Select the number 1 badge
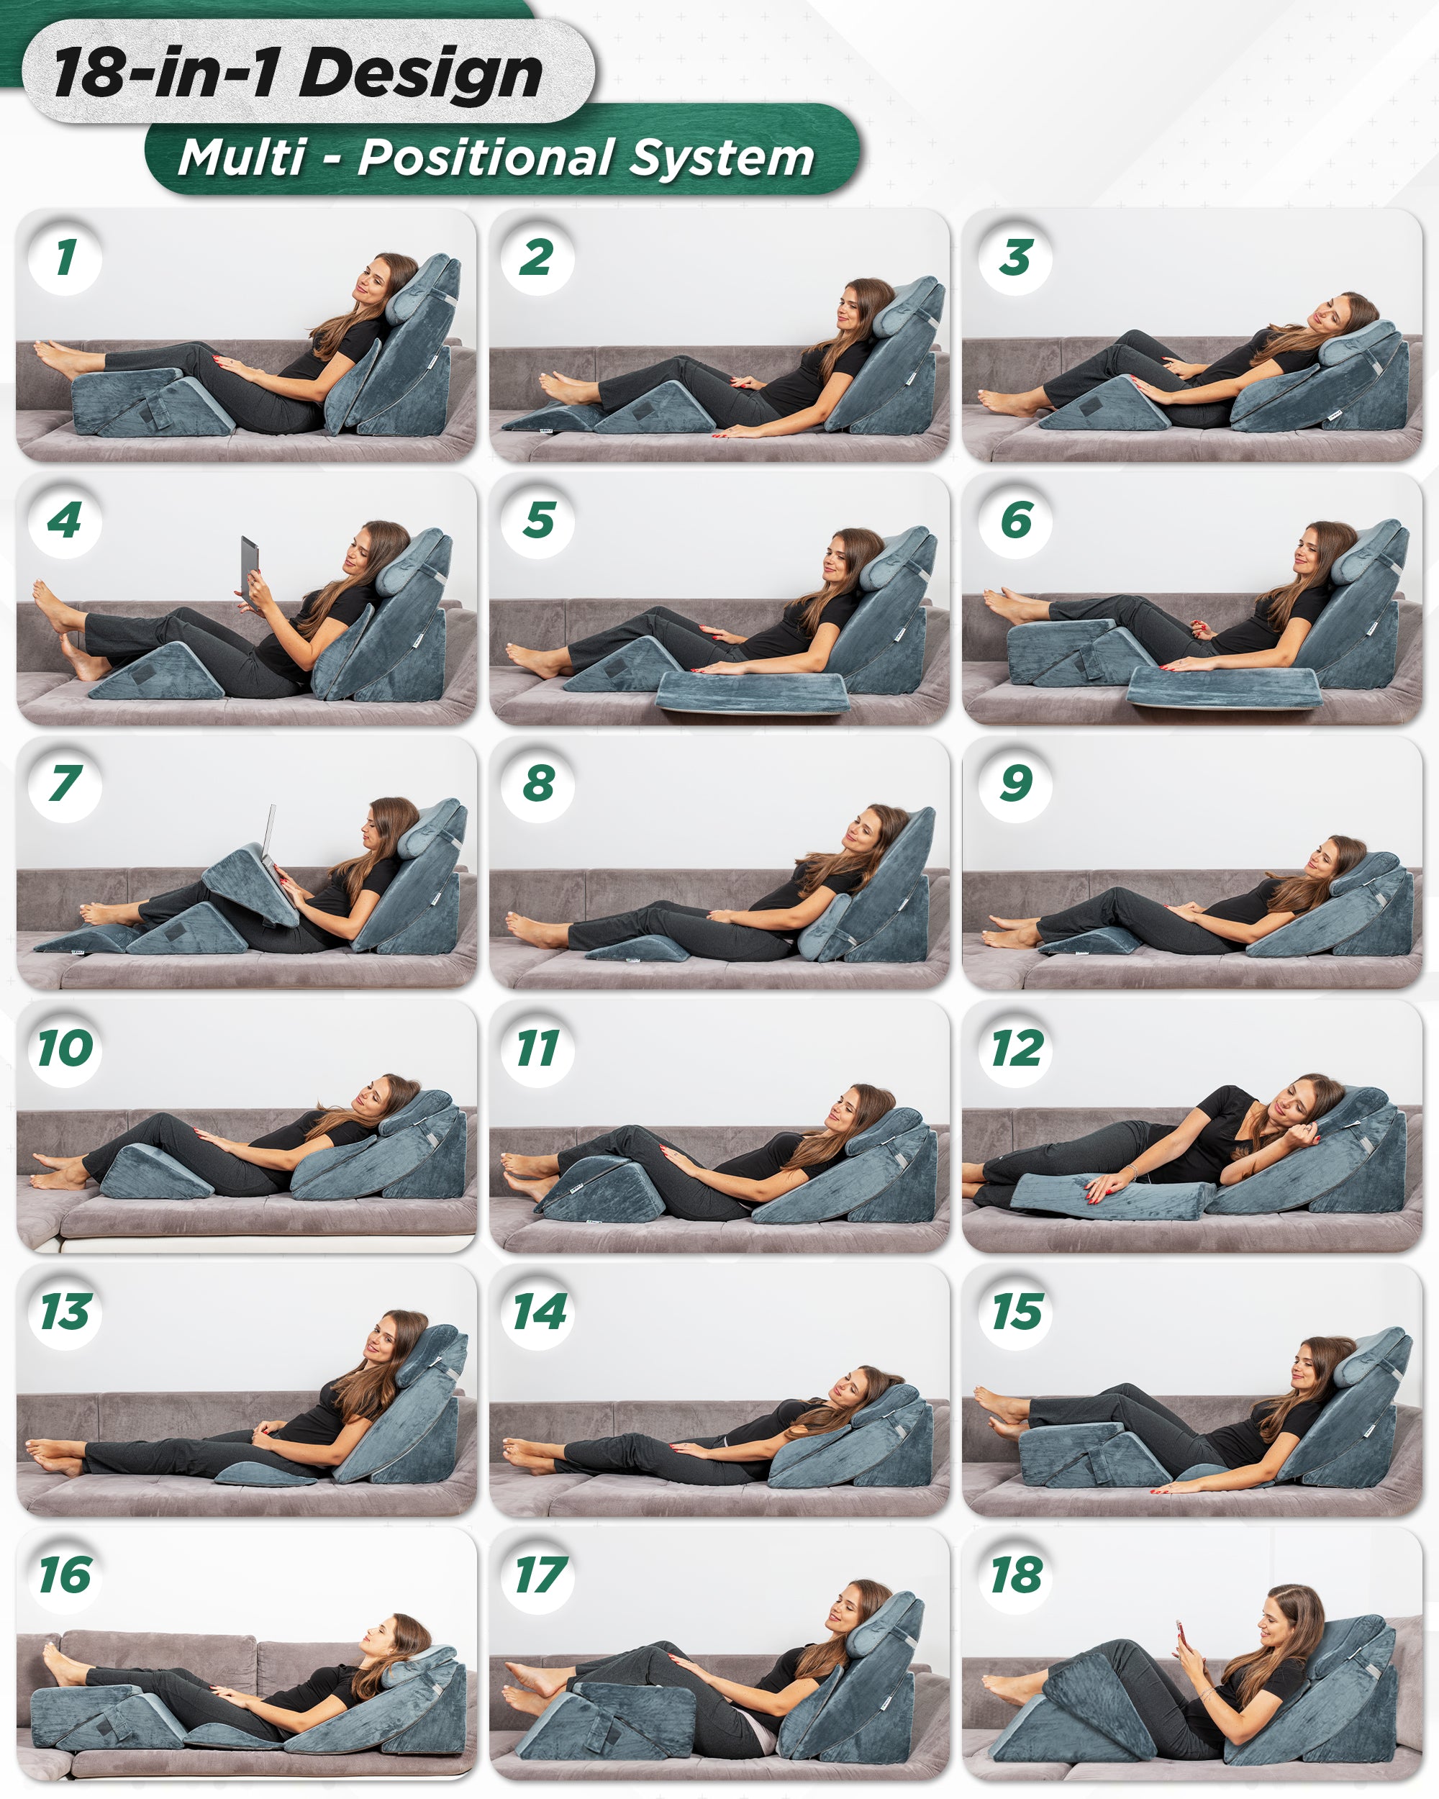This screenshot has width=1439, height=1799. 65,258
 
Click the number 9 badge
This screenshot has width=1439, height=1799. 1015,784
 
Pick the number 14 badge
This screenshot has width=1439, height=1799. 539,1312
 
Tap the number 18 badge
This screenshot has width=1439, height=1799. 1015,1575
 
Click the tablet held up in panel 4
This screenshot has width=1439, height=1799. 249,564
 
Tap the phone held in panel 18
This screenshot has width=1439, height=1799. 1181,1639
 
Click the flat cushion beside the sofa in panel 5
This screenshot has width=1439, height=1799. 750,691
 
